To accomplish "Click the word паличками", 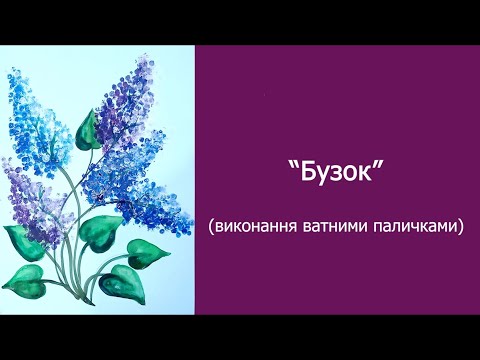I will pos(415,227).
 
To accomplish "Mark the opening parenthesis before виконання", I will pos(212,228).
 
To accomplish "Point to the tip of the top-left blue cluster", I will pos(14,75).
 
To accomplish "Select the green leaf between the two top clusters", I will pos(87,130).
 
